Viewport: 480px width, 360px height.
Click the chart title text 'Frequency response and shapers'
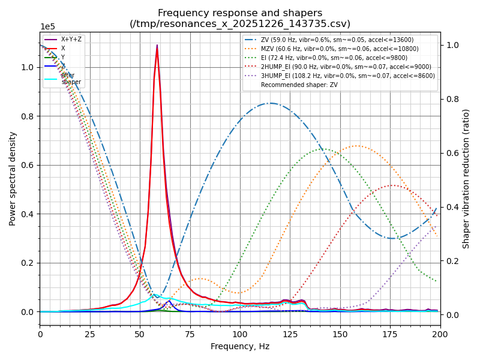(240, 13)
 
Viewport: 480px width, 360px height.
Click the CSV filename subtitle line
(240, 24)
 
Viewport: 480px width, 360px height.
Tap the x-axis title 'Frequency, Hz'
(240, 346)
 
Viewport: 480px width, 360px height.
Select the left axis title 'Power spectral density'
(13, 178)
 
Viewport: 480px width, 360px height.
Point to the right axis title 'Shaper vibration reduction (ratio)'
(466, 178)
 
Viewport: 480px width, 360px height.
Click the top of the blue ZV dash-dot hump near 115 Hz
(271, 103)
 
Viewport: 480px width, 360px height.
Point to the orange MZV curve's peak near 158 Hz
(356, 146)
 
